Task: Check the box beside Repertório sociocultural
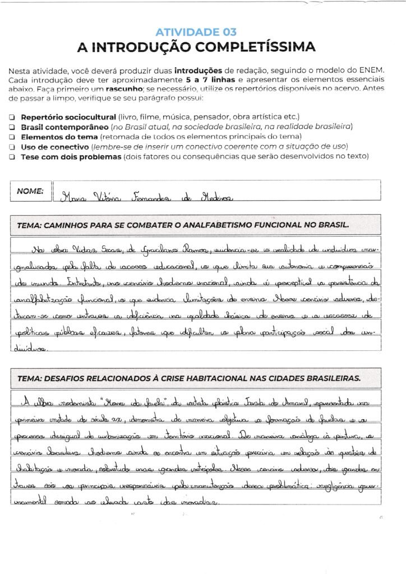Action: coord(12,117)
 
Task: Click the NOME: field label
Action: coord(30,191)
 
